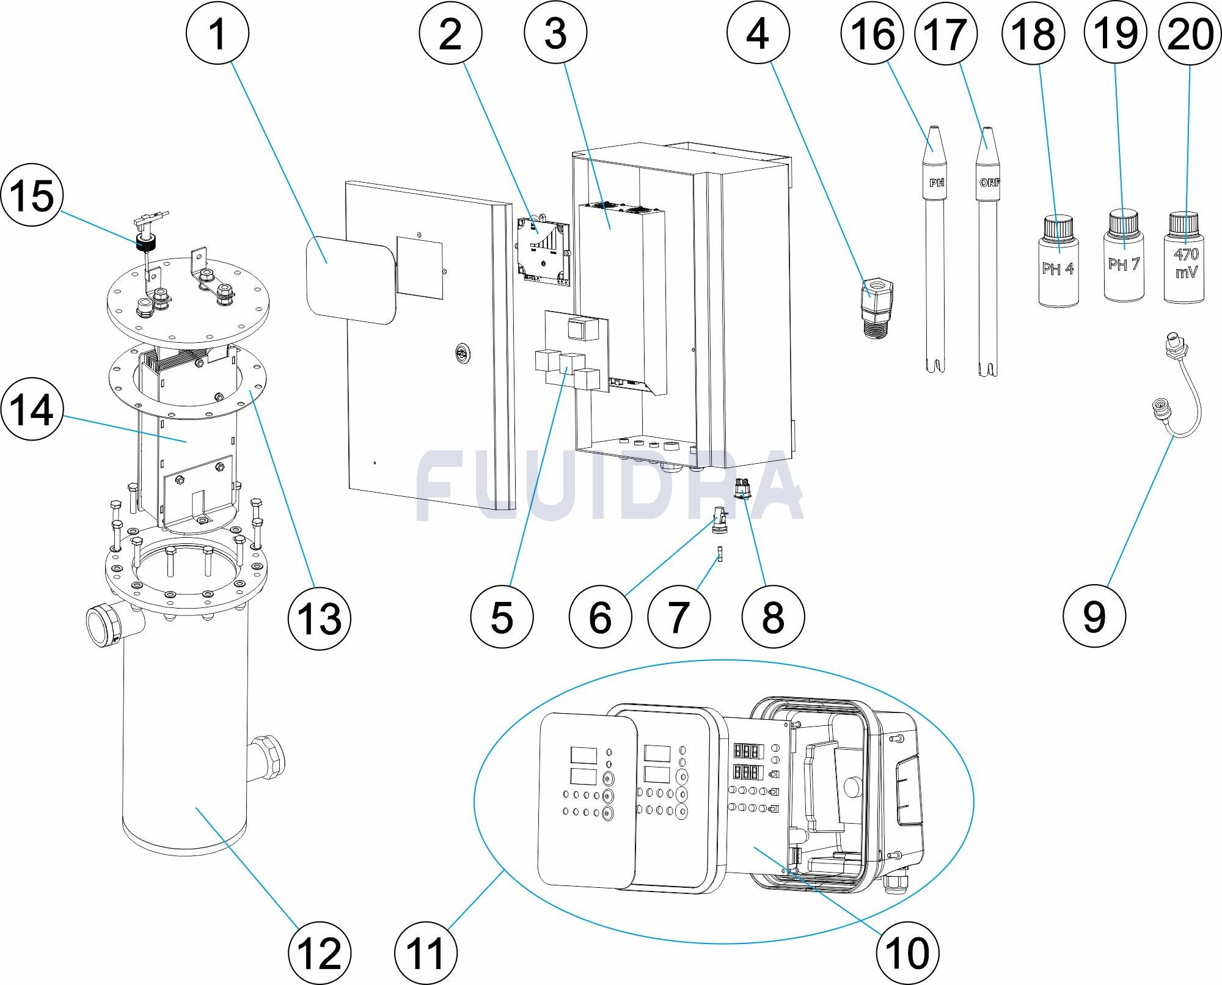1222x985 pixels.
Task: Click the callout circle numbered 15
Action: (x=32, y=197)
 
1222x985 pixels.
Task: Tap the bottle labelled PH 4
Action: (x=1058, y=263)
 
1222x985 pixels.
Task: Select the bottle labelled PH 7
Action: (x=1124, y=260)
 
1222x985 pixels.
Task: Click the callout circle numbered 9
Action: (x=1094, y=617)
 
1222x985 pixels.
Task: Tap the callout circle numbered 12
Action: (x=320, y=953)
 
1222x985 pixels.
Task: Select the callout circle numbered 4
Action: (x=758, y=34)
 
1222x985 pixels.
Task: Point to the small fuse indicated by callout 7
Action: (x=721, y=558)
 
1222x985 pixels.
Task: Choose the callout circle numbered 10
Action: (x=907, y=953)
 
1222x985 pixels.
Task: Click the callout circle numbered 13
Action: (x=320, y=617)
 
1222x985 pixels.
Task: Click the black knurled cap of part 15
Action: (x=145, y=244)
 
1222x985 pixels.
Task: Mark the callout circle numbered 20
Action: (x=1190, y=34)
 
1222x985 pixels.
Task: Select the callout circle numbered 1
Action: (x=218, y=34)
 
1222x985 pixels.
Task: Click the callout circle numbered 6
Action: (x=600, y=617)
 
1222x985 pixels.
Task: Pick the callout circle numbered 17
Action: (x=945, y=34)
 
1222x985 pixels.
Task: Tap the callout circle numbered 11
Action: (x=426, y=953)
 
